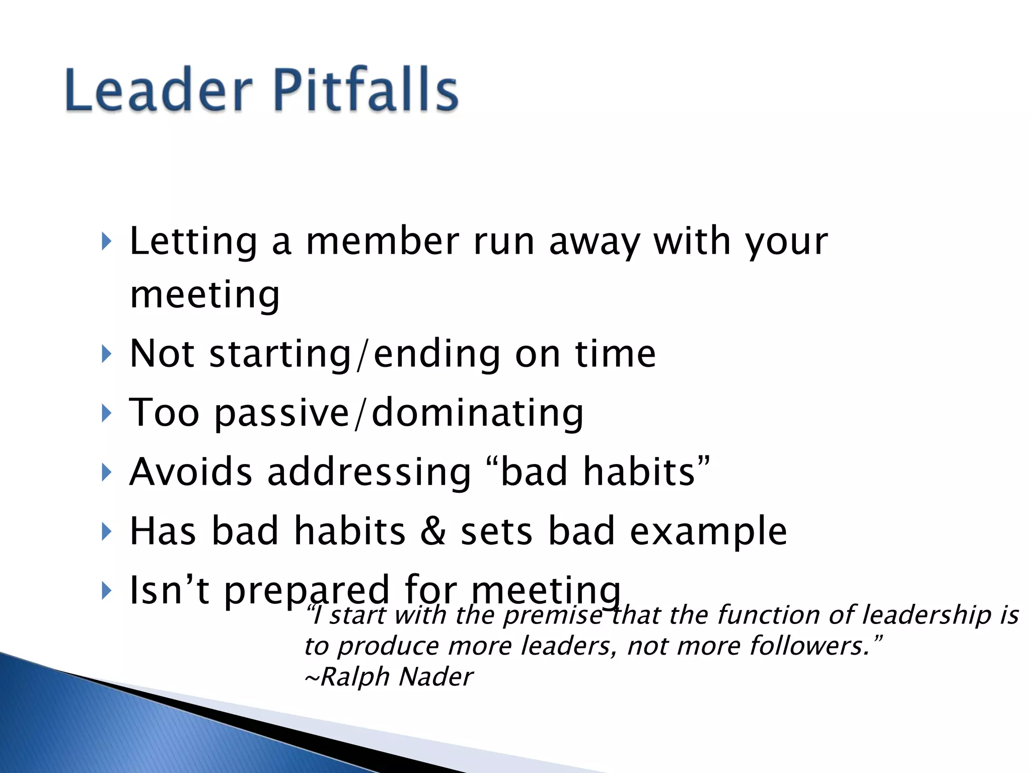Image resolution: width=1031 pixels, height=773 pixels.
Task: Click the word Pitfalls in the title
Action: (366, 90)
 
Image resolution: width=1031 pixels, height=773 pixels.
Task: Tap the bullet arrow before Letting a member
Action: (106, 242)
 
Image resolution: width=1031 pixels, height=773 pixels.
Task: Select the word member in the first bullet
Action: (383, 242)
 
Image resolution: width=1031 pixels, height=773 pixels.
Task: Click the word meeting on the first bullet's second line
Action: (204, 296)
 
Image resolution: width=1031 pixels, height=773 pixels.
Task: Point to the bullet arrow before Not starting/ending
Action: (106, 354)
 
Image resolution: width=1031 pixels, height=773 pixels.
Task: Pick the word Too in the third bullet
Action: (164, 413)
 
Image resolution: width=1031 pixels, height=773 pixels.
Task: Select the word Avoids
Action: (191, 472)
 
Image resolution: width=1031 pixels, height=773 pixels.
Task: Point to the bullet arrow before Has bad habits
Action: (106, 531)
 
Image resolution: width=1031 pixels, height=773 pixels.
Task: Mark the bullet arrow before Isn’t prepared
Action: (106, 590)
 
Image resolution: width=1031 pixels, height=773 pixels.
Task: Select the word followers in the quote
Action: (809, 646)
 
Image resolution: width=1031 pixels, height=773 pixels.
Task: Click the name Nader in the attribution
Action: (435, 677)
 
